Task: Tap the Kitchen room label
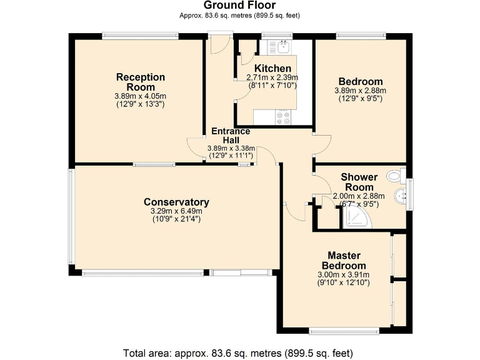(x=272, y=68)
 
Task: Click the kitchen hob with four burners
(x=282, y=116)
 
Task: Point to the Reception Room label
(x=141, y=82)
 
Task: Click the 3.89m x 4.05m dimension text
(x=141, y=96)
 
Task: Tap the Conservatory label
(x=176, y=202)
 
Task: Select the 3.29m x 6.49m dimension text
(x=176, y=211)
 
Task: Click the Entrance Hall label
(x=231, y=136)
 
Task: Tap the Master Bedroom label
(x=344, y=261)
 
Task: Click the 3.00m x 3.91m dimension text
(x=344, y=274)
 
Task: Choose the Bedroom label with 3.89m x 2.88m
(x=360, y=82)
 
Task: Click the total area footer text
(x=239, y=351)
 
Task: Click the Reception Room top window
(x=138, y=36)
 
